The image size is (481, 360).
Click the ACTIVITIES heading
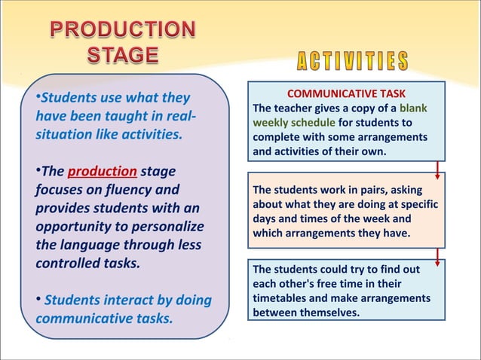tap(344, 62)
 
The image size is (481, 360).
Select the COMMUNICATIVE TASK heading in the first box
tap(347, 94)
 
